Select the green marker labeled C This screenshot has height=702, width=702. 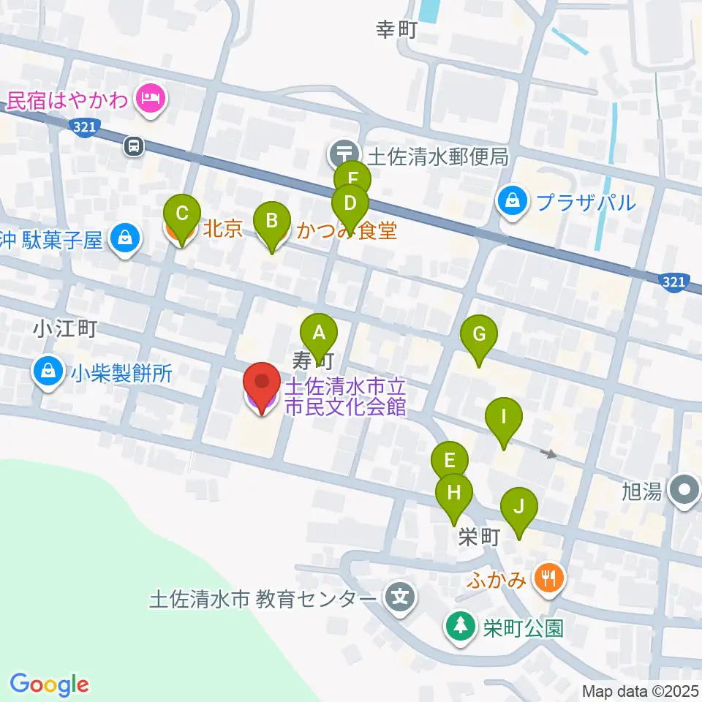coord(183,214)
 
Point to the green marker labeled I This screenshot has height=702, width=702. coord(503,417)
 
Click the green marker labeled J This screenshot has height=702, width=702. coord(519,506)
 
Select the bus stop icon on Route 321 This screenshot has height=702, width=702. coord(133,146)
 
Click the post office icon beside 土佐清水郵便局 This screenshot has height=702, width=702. coord(342,154)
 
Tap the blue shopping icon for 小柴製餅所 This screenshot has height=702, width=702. coord(48,371)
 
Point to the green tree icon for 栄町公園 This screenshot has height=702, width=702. coord(460,627)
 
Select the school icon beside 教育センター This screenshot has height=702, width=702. coord(399,599)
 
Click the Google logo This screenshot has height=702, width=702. coord(49,684)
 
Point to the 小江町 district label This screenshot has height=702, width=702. coord(64,330)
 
